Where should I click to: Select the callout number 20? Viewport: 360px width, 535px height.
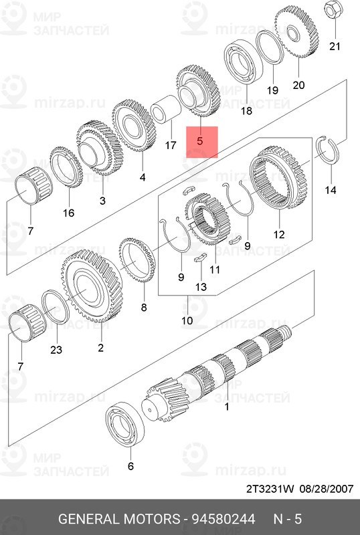298,84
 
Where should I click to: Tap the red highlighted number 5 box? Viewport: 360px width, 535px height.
202,142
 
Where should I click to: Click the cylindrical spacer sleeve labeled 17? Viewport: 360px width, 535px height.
167,108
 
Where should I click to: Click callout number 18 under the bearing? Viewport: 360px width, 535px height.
246,110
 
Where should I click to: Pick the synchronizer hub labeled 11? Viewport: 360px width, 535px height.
207,219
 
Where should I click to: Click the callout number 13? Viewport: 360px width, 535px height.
201,286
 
